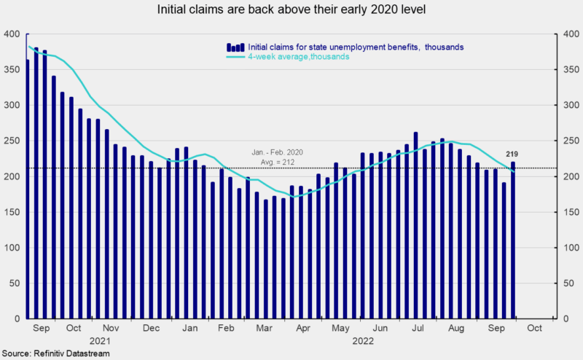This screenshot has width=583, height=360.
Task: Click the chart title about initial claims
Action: tap(291, 10)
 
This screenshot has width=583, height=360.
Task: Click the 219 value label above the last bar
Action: tap(512, 154)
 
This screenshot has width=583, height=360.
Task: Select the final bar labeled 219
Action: tap(512, 240)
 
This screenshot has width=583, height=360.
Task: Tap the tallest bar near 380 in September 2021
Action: tap(36, 182)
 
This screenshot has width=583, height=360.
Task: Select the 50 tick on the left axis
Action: tap(13, 283)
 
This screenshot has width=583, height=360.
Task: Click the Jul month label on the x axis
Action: tap(418, 328)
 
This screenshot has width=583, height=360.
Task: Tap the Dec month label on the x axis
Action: tap(152, 328)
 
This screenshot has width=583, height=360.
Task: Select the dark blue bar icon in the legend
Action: tap(235, 47)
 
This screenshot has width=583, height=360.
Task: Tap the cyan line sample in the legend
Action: tap(235, 56)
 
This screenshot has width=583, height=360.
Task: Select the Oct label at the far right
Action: tap(534, 328)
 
